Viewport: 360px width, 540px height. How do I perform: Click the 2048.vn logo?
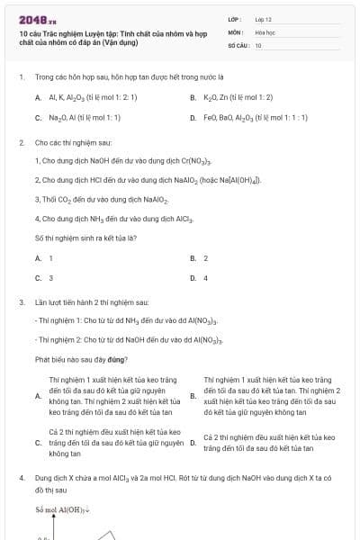coord(35,19)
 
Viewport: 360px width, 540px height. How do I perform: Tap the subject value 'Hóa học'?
coord(265,31)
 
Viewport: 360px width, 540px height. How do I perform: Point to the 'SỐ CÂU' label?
coord(238,44)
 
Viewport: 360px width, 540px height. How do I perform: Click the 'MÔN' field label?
coord(237,31)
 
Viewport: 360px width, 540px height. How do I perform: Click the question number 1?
coord(21,77)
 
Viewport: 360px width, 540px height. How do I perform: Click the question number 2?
coord(21,142)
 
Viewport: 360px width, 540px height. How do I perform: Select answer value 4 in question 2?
coord(206,278)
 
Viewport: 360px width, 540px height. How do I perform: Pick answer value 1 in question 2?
coord(50,258)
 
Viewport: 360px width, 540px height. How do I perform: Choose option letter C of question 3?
coord(38,443)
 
